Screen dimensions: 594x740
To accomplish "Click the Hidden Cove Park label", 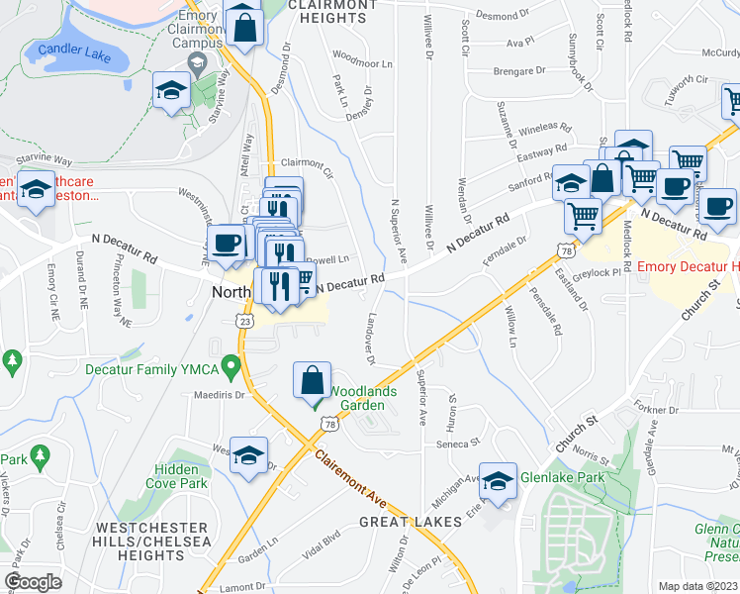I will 181,476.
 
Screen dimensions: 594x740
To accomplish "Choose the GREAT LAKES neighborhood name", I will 410,521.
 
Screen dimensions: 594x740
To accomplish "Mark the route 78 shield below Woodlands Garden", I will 327,424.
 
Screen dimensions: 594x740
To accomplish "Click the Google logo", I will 33,582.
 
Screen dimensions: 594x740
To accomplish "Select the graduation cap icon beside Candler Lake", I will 172,91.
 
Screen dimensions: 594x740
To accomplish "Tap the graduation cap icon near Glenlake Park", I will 498,480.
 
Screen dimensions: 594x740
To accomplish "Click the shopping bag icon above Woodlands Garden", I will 312,379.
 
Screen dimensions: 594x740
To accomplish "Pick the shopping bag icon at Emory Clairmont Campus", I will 243,25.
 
